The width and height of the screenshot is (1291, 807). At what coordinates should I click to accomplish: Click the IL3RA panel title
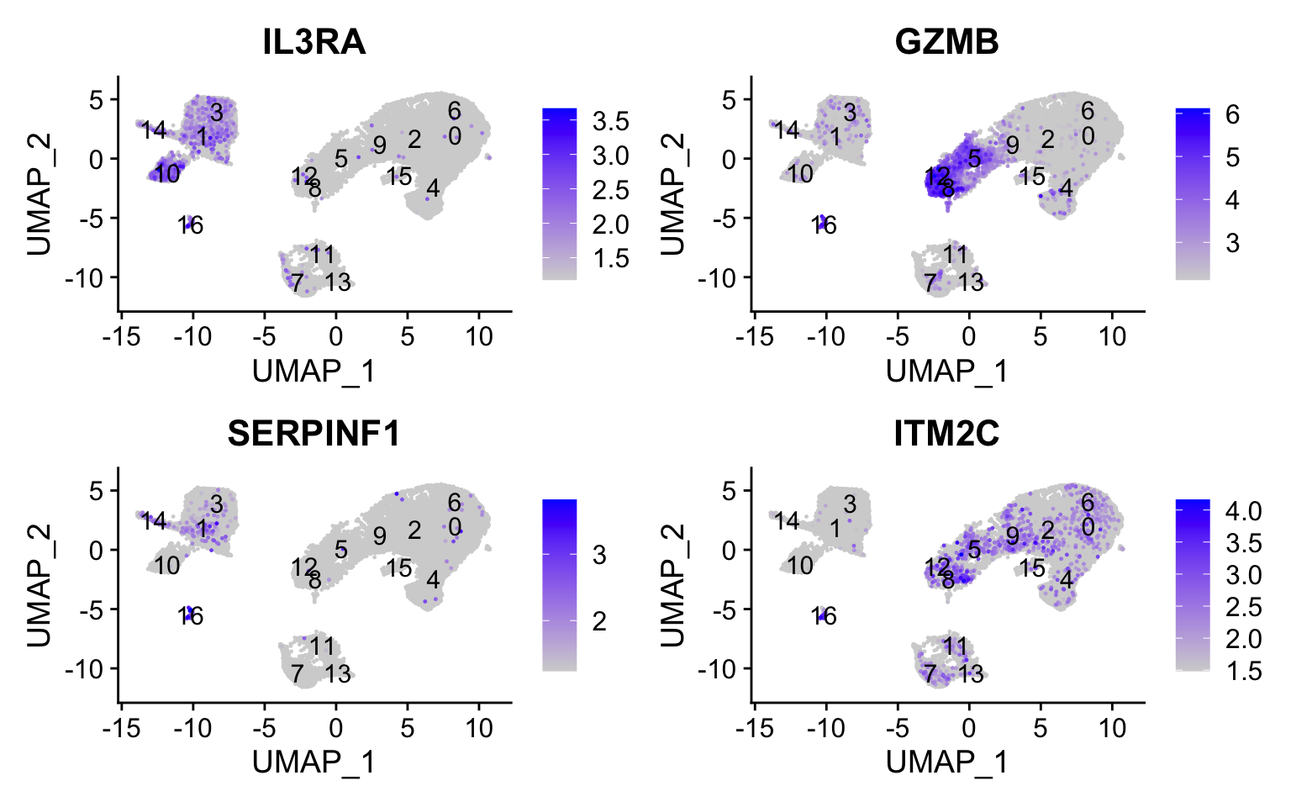click(x=314, y=41)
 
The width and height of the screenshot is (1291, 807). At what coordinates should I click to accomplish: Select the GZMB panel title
click(x=946, y=41)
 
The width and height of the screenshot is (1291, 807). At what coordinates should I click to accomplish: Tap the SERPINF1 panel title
click(x=314, y=433)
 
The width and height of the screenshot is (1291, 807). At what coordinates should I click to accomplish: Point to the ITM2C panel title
click(x=946, y=433)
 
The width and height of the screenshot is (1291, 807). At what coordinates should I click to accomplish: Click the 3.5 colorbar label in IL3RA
click(x=610, y=121)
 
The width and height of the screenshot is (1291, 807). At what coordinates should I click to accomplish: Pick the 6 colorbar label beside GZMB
click(x=1232, y=114)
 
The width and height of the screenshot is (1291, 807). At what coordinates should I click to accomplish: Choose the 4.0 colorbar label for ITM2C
click(x=1243, y=511)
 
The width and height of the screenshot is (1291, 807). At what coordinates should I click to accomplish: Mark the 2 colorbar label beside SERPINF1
click(x=599, y=621)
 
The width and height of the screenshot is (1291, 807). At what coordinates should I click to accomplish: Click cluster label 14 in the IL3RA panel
click(x=154, y=130)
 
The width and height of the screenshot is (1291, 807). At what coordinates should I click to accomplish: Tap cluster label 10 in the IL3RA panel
click(x=167, y=174)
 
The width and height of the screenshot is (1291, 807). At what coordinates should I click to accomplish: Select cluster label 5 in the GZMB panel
click(x=974, y=158)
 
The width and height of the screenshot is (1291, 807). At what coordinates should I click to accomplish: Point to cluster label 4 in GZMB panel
click(x=1066, y=187)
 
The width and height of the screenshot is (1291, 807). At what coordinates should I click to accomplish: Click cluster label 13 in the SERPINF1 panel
click(x=338, y=673)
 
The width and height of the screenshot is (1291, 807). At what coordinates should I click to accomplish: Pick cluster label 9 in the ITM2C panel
click(x=1013, y=536)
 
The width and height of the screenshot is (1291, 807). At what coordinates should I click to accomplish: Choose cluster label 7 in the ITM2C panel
click(x=930, y=673)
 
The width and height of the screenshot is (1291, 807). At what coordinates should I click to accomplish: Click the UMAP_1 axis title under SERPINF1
click(x=314, y=762)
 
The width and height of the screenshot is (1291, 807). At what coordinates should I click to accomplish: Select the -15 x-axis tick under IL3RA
click(x=121, y=338)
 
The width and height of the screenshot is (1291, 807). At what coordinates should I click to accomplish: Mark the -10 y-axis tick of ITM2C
click(x=725, y=669)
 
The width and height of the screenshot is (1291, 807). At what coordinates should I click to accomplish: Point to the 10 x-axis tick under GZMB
click(x=1112, y=338)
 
